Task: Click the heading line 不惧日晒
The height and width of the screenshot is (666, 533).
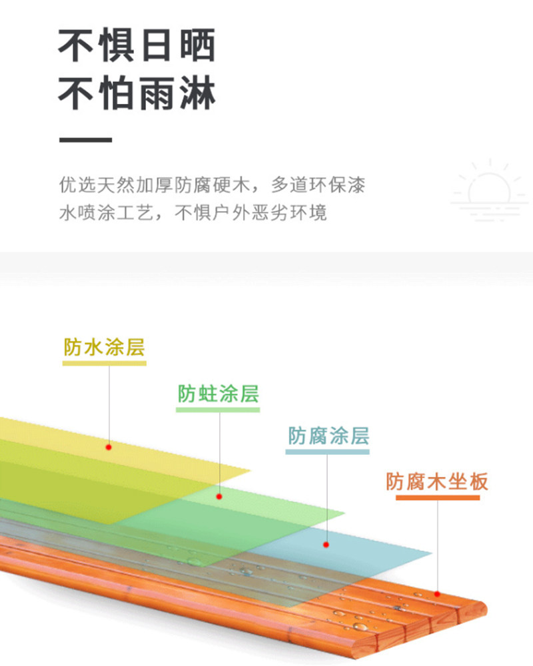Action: click(137, 45)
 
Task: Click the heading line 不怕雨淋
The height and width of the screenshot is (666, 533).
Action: click(137, 93)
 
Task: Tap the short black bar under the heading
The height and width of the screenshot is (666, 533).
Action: click(85, 140)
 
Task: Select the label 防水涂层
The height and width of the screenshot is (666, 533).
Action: click(105, 347)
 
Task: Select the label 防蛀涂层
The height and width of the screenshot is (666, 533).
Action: click(218, 394)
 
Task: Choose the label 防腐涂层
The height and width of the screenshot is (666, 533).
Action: click(328, 436)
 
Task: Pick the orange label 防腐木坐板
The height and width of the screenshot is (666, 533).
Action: click(437, 481)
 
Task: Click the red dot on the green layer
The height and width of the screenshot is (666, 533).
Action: click(219, 496)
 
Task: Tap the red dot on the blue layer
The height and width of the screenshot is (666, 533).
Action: click(326, 545)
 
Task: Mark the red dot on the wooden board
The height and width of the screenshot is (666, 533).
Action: click(438, 593)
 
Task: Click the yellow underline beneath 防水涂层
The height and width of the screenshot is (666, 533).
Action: click(105, 363)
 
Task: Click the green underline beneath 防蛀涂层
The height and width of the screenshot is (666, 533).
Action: click(218, 409)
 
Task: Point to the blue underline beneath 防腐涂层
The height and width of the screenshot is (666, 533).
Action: click(327, 452)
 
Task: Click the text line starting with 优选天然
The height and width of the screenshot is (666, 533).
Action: click(212, 184)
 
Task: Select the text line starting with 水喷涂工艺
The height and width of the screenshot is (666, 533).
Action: click(193, 214)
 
